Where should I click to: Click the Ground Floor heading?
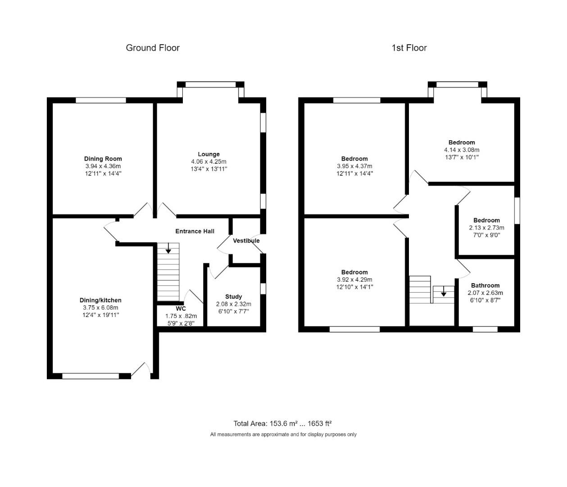pos(153,48)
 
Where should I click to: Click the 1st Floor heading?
pos(409,48)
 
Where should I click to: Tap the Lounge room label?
pos(209,154)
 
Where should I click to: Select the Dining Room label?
pos(103,159)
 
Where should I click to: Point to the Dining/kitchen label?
pos(100,300)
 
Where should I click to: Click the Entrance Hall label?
pos(195,231)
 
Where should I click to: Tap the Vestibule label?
pos(246,241)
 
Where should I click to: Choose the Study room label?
pos(233,297)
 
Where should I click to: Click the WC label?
pos(181,309)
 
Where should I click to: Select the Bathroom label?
pos(485,285)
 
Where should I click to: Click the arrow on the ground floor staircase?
pos(168,248)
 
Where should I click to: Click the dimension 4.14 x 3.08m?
pos(462,150)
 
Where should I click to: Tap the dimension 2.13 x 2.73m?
pos(486,228)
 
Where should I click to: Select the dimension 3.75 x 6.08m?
pos(100,308)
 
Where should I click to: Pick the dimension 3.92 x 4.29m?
pos(354,280)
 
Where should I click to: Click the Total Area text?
pos(282,423)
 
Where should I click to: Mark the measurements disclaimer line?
pos(283,435)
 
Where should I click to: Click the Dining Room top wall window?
pos(100,101)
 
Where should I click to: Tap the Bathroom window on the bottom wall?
pos(485,329)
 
